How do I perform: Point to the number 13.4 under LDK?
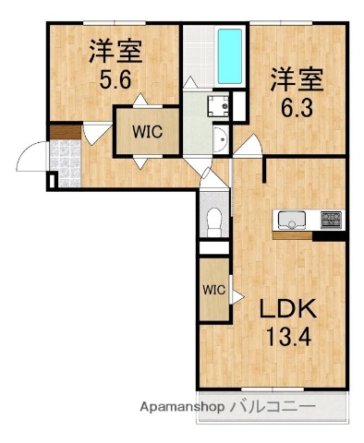[x=289, y=336]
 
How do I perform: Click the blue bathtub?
[x=229, y=54]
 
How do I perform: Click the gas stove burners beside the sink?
[x=330, y=221]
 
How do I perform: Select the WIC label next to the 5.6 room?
[x=145, y=131]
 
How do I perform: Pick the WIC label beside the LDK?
[x=214, y=289]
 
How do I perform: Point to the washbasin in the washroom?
[x=219, y=141]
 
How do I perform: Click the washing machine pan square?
[x=218, y=105]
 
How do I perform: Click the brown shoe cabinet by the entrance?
[x=65, y=133]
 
